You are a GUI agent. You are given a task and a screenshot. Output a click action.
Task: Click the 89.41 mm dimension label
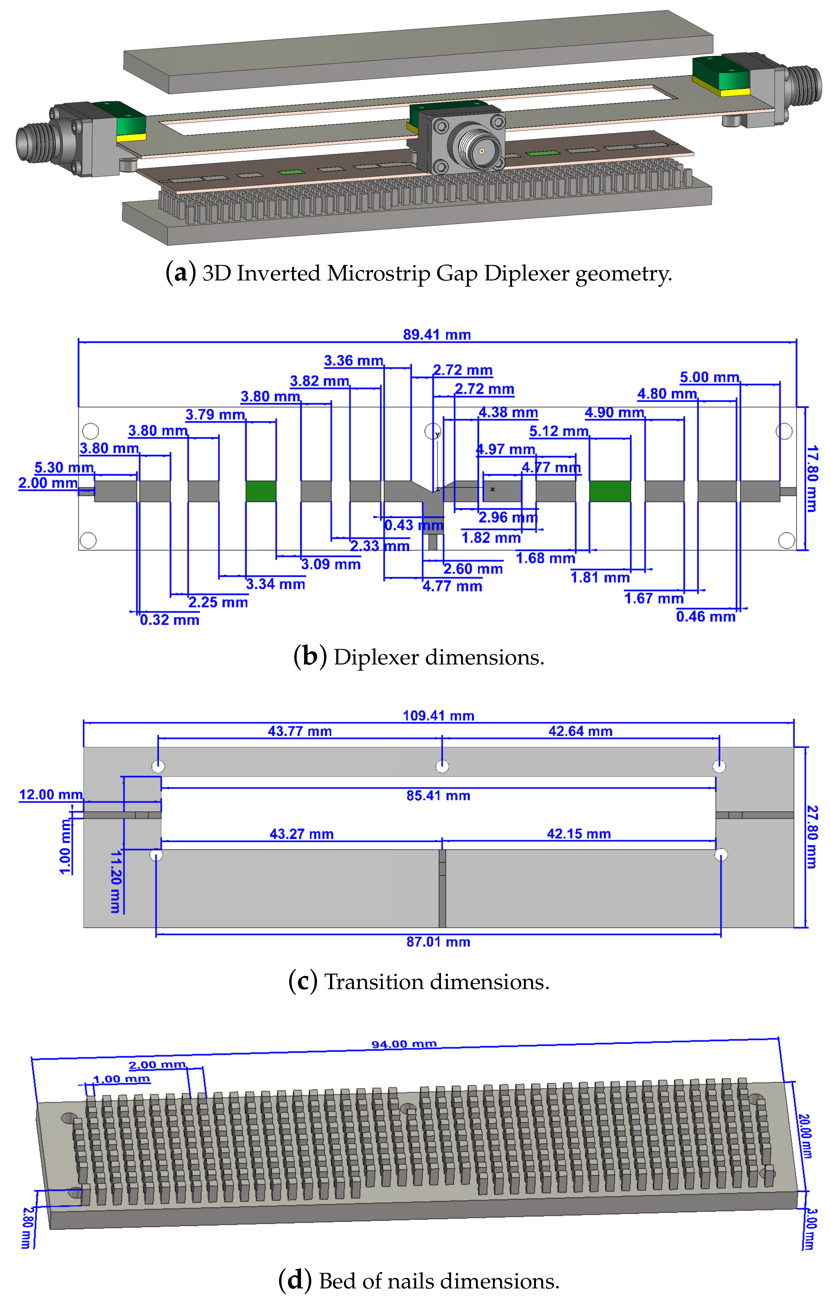point(437,334)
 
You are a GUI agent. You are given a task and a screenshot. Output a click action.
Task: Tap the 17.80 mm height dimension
point(811,479)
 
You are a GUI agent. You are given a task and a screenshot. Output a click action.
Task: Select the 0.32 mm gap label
point(169,620)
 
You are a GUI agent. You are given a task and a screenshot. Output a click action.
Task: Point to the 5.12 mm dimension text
point(558,431)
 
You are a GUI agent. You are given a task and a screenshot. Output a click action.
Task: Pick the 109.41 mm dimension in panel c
point(438,715)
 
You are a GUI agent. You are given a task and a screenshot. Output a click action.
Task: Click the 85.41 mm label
point(438,795)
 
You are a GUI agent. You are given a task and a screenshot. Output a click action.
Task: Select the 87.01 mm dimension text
point(438,941)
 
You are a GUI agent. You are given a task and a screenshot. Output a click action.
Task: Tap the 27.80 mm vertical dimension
point(811,836)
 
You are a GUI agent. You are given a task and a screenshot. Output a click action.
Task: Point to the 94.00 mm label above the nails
point(404,1044)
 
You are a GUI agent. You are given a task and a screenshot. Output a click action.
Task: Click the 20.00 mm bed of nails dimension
point(804,1136)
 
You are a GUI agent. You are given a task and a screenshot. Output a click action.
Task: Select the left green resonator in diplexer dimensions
point(260,491)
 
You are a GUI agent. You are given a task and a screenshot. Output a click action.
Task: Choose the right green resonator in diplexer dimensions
point(610,491)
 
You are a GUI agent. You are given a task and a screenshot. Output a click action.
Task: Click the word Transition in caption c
point(374,982)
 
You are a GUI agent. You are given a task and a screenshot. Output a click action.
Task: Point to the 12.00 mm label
point(51,794)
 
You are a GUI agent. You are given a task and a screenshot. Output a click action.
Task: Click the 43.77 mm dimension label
point(299,731)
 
